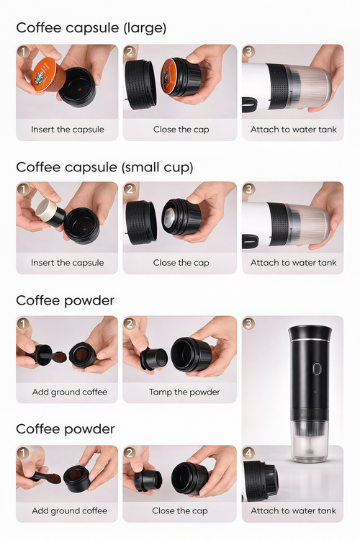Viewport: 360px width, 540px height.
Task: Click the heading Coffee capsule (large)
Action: point(91,28)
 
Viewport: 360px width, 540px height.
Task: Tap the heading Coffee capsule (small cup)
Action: point(104,167)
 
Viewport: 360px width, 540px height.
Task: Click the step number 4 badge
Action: point(249,454)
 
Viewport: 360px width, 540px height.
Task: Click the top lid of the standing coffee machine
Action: point(310,333)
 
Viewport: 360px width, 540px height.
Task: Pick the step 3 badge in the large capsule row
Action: point(249,52)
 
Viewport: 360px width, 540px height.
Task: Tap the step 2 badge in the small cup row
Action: point(130,189)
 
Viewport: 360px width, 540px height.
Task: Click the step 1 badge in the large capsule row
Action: point(23,52)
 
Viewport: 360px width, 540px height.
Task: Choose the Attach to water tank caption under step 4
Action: point(293,510)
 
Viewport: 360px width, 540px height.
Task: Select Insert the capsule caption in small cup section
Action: point(67,263)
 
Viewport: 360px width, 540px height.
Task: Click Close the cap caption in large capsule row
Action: point(181,130)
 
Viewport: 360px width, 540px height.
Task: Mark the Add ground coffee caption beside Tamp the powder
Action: point(69,392)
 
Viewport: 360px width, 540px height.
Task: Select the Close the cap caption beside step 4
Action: point(181,510)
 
